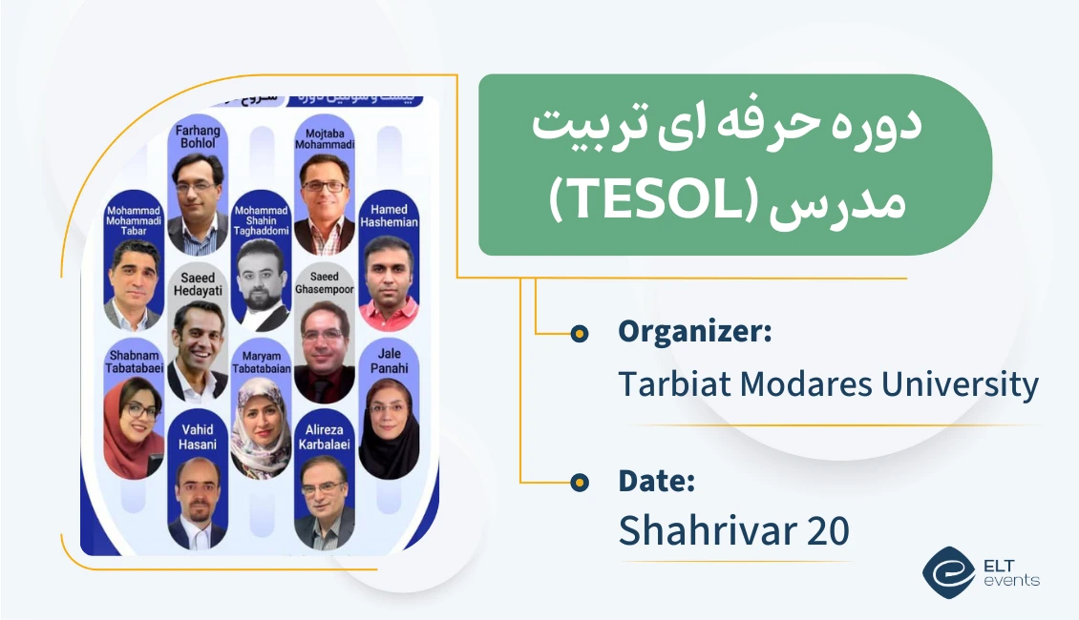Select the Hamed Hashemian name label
[389, 216]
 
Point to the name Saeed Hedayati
[198, 282]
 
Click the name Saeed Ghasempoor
[324, 282]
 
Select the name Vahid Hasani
[198, 437]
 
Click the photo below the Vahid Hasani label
[198, 501]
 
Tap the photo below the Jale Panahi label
[389, 424]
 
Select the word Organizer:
[694, 331]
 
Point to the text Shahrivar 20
[733, 531]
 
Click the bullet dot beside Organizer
[579, 333]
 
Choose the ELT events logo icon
[947, 571]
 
